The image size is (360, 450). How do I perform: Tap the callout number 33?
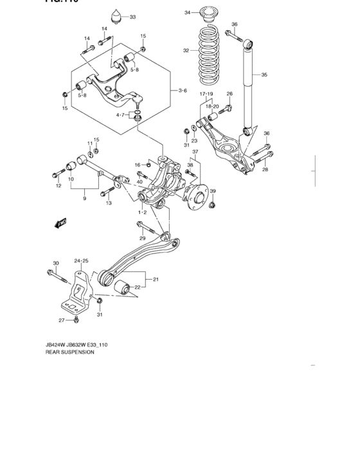(x=132, y=17)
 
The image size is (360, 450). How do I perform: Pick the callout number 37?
(x=195, y=152)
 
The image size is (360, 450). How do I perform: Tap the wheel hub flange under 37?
(x=195, y=197)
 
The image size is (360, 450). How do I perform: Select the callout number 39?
(x=213, y=192)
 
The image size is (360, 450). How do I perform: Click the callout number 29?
(x=143, y=239)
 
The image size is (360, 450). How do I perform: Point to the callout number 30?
(x=55, y=263)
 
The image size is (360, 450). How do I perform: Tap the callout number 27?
(x=62, y=320)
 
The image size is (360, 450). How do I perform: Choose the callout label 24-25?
(x=81, y=260)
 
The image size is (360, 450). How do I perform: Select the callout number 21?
(x=155, y=279)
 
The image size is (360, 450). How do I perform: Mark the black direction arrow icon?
(x=62, y=223)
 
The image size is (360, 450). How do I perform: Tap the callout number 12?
(x=58, y=186)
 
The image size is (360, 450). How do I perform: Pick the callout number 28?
(x=264, y=170)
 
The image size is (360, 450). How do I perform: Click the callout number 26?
(x=229, y=94)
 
